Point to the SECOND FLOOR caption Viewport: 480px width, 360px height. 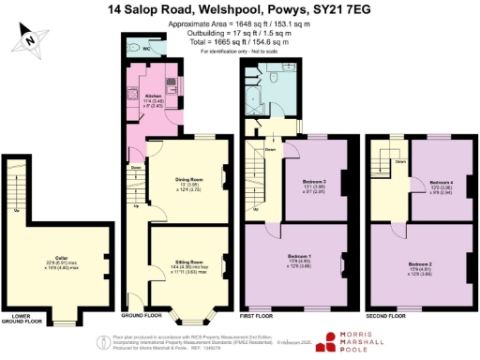[386, 318]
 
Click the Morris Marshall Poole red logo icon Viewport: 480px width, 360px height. [330, 339]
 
